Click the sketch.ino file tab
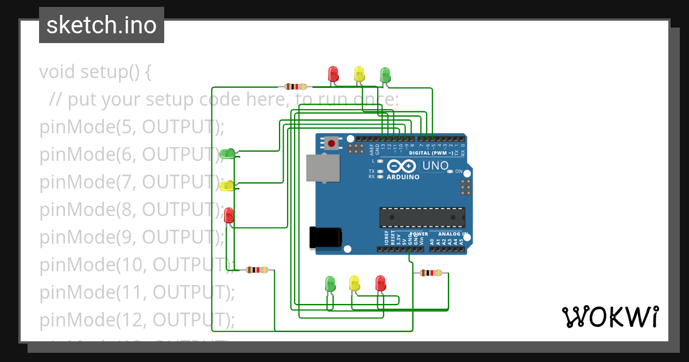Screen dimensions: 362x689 pos(102,25)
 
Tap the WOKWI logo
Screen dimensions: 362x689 pos(610,317)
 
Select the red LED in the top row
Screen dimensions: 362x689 pos(333,74)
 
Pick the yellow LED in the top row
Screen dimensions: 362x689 pos(359,74)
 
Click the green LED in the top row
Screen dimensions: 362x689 pos(385,75)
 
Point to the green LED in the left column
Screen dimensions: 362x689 pos(227,153)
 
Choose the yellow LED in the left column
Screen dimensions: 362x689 pos(227,186)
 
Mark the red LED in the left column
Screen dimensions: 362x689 pos(229,215)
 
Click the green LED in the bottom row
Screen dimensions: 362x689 pos(330,283)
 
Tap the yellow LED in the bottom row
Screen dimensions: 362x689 pos(354,283)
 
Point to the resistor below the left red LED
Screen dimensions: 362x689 pos(257,269)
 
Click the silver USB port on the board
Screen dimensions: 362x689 pos(323,168)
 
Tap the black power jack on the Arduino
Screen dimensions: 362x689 pos(326,237)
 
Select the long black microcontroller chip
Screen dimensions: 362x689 pos(422,218)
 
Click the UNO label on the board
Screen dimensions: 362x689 pos(435,166)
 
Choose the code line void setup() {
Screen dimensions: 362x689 pos(95,72)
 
